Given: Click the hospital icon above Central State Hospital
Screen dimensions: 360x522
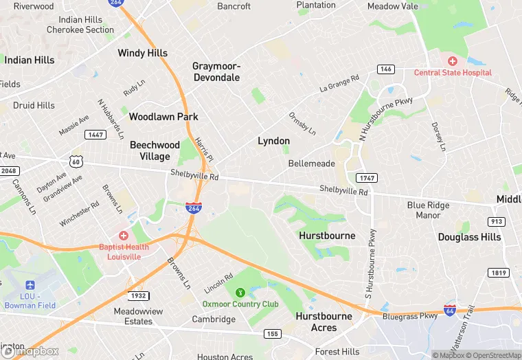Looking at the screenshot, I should (453, 62).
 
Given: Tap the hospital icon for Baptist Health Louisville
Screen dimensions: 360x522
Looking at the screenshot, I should (124, 236).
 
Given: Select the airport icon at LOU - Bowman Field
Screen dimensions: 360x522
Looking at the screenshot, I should (30, 285).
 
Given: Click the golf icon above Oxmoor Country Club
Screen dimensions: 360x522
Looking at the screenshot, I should (240, 293).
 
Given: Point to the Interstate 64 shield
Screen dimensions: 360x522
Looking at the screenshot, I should (450, 311).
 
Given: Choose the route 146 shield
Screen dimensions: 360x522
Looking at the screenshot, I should (385, 69).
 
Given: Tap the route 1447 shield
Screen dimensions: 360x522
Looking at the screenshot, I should (95, 135).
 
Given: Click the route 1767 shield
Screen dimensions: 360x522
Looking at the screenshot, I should (367, 177).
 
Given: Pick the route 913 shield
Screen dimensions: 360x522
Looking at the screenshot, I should (497, 221).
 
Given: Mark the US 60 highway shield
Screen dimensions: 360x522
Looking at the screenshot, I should (76, 161).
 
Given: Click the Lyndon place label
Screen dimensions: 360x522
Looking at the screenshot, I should (273, 141).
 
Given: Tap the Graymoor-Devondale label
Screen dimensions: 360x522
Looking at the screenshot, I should (216, 71).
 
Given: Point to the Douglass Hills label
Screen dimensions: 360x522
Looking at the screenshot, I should (470, 237).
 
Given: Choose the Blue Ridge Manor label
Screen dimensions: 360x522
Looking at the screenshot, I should (428, 210).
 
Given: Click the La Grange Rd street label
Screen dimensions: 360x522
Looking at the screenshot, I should (339, 85).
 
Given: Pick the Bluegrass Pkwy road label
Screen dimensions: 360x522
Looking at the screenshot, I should (409, 317).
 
